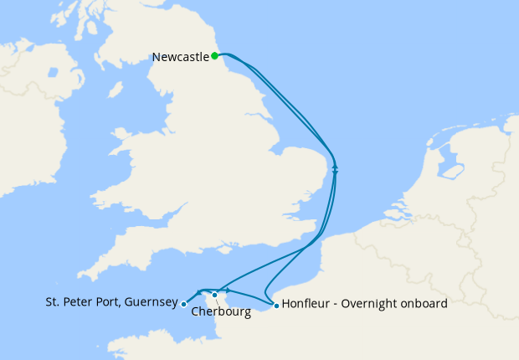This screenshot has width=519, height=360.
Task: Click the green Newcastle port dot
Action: click(x=215, y=56)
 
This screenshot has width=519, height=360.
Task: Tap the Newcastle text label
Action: click(x=180, y=57)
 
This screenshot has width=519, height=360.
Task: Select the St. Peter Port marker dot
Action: click(x=184, y=305)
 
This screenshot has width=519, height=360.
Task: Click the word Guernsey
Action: click(x=150, y=302)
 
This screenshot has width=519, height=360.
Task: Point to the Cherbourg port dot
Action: click(x=215, y=295)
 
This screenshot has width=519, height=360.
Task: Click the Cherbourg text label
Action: click(x=221, y=312)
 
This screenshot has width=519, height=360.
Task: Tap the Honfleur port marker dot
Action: click(x=276, y=305)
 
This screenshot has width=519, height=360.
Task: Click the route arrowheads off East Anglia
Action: click(x=335, y=167)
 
